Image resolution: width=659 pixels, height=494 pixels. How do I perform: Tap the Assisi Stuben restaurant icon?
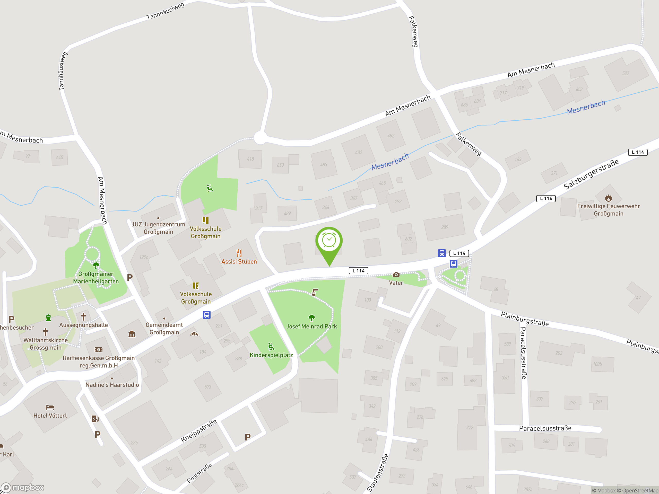[239, 253]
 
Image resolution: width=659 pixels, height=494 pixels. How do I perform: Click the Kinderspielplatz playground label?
[271, 355]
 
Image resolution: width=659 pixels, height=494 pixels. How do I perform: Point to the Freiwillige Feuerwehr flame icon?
[608, 198]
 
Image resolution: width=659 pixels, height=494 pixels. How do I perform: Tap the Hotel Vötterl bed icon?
[50, 407]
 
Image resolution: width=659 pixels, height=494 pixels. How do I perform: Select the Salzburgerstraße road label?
[591, 174]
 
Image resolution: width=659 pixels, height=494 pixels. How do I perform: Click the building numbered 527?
[626, 73]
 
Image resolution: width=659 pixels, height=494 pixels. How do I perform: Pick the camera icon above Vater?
[396, 275]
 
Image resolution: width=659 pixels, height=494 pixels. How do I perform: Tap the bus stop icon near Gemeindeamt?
[206, 315]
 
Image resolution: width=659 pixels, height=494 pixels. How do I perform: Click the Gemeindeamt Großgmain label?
[164, 329]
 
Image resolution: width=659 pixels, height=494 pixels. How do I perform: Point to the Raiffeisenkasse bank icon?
[99, 350]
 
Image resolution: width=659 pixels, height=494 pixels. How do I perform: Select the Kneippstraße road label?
[199, 431]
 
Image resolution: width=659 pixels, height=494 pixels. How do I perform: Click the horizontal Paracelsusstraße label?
[545, 428]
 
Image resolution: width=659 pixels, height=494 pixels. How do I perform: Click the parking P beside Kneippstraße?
[248, 437]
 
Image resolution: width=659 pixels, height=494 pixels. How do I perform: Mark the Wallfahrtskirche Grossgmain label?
[46, 344]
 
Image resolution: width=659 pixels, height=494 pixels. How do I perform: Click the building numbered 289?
[445, 227]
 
